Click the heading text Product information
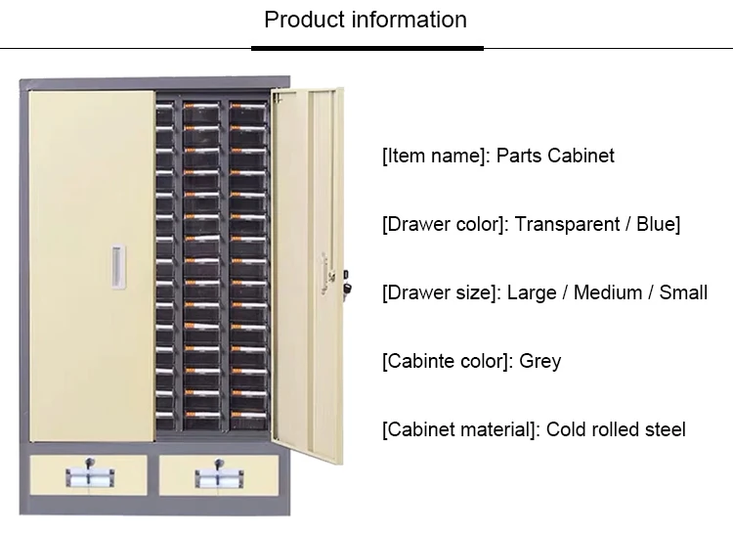(366, 20)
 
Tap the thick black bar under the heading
(366, 47)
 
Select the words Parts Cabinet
(555, 156)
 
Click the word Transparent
(568, 224)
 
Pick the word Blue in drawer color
(656, 224)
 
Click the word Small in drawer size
(682, 292)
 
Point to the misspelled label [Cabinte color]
(445, 361)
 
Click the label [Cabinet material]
(458, 429)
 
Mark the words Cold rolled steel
(616, 429)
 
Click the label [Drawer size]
(441, 292)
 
